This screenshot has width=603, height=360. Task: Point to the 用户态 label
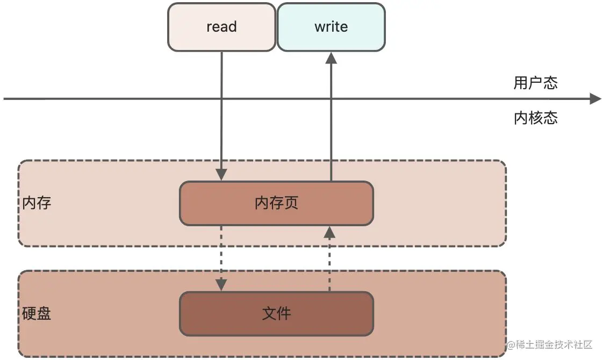[535, 83]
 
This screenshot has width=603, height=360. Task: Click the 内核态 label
[535, 118]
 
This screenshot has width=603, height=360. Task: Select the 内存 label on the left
[37, 203]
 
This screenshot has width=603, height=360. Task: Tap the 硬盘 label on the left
[37, 314]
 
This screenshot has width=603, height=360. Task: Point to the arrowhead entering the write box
[331, 58]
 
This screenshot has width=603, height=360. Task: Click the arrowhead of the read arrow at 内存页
[221, 175]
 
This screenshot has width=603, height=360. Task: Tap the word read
[221, 27]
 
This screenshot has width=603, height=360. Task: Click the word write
[331, 27]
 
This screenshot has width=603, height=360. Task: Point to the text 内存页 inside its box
[276, 203]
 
